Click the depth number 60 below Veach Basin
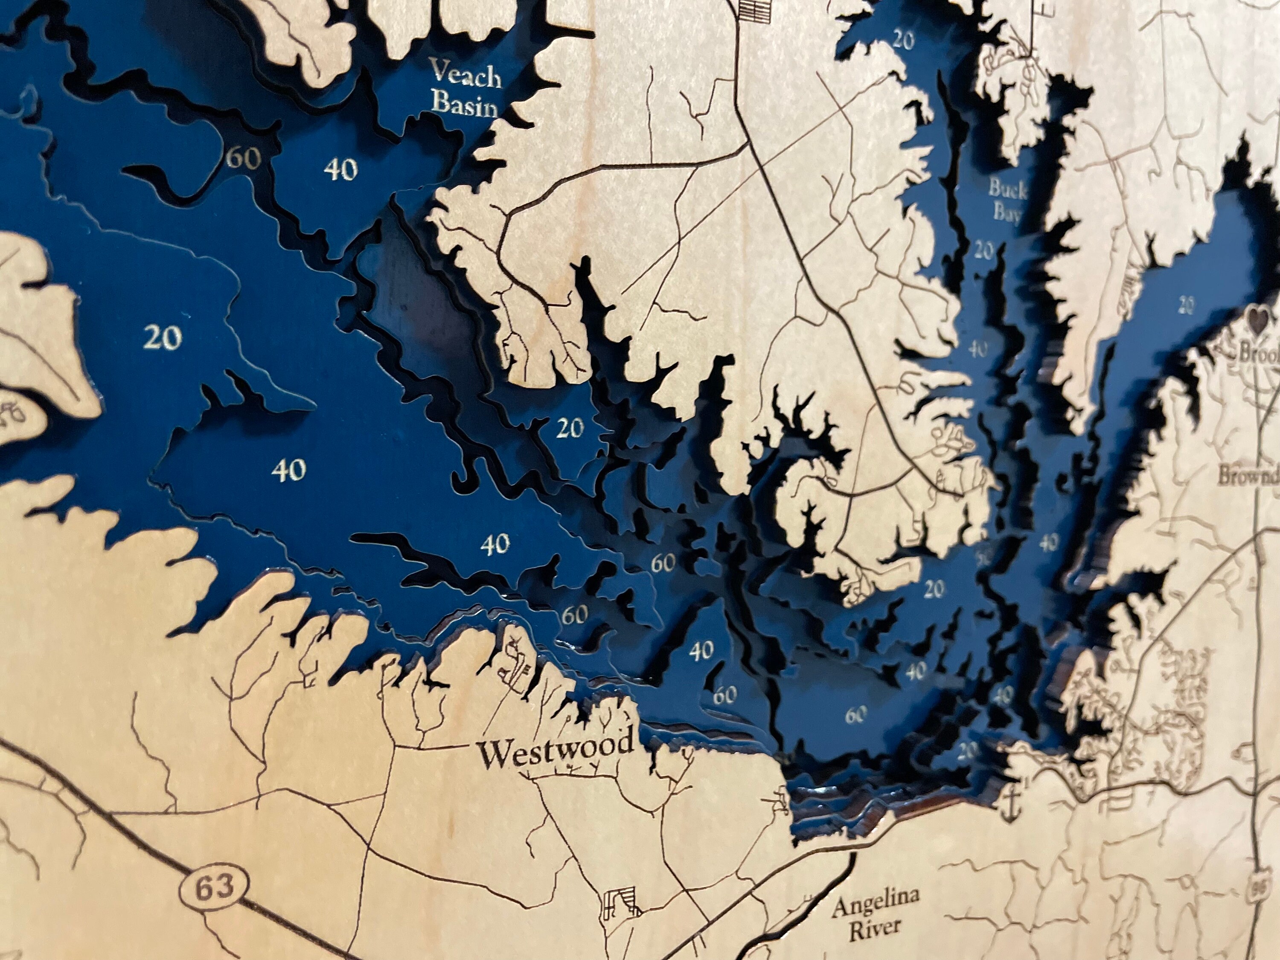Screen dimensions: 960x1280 coord(243,157)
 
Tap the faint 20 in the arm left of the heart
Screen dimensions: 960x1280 coord(1186,303)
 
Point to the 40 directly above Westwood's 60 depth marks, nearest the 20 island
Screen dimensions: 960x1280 coord(495,544)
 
